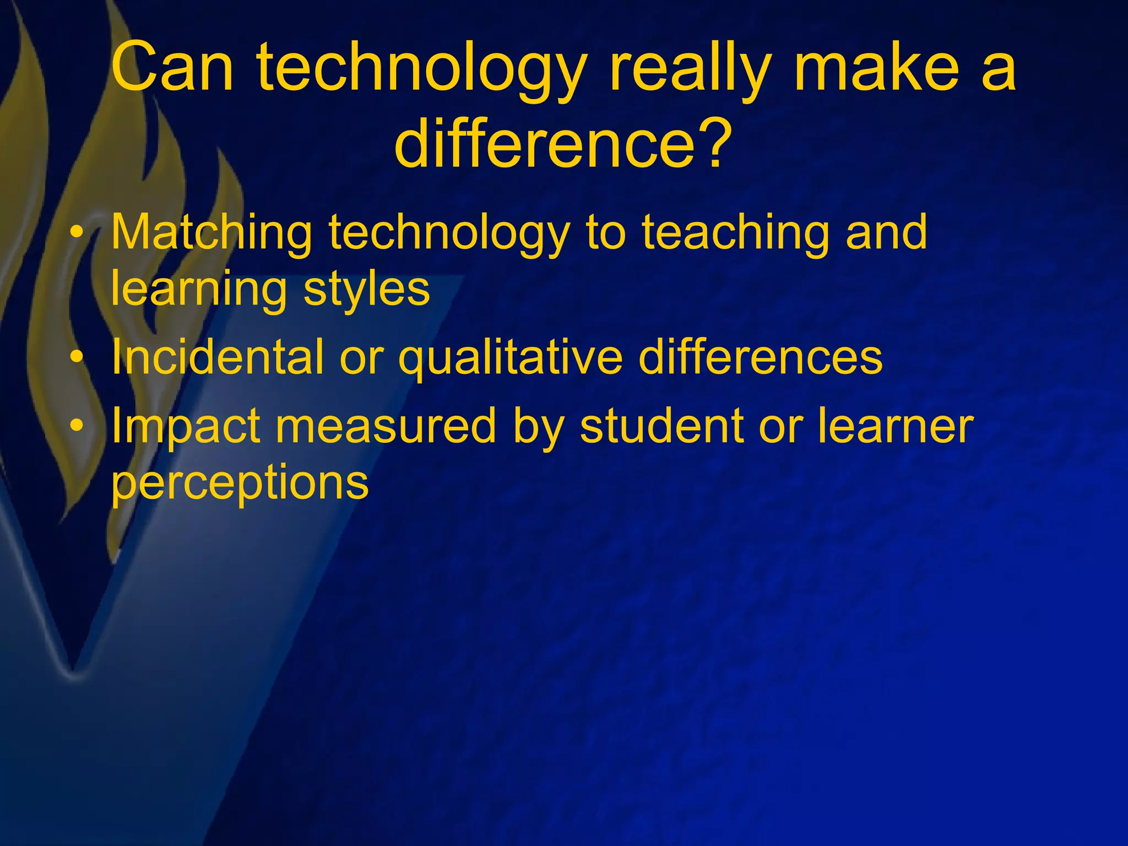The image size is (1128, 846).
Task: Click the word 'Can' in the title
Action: click(172, 68)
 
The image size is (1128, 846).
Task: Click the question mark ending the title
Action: click(715, 144)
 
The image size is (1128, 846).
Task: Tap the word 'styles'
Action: click(366, 290)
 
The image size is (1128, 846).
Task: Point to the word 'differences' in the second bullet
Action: click(760, 358)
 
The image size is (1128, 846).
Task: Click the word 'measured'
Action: click(386, 426)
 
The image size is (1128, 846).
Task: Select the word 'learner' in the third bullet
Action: click(895, 426)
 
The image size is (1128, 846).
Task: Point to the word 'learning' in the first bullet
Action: click(199, 290)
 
